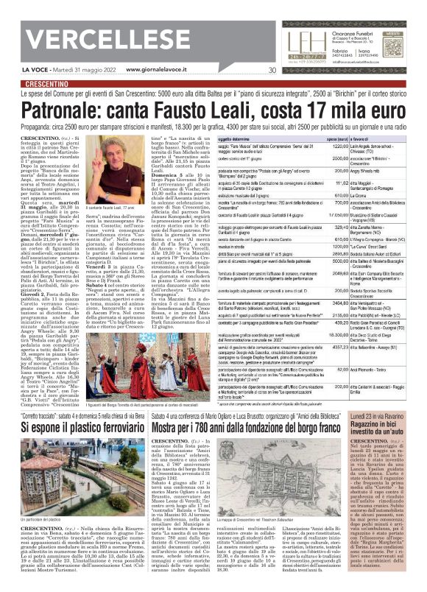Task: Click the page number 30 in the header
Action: pos(272,71)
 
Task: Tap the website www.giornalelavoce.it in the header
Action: pos(158,71)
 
